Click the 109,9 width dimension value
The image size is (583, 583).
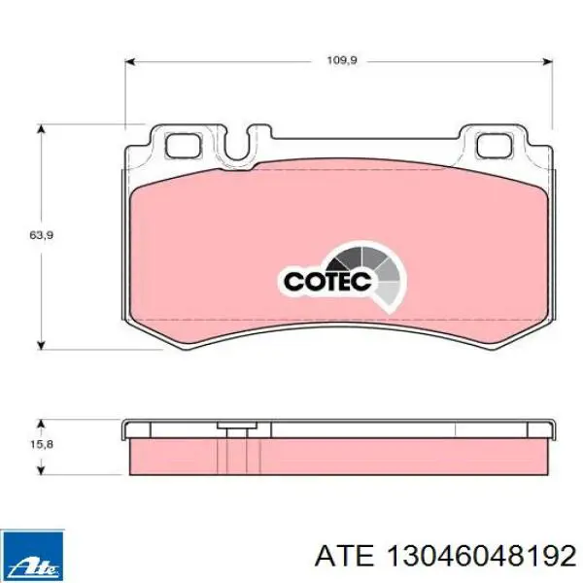[x=342, y=60]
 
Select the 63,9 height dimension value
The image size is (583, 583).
[x=41, y=235]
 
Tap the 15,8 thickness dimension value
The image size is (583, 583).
[x=41, y=444]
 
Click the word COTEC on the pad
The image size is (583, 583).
[x=327, y=281]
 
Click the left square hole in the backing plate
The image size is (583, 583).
[x=184, y=146]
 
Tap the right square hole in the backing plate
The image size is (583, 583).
[x=495, y=146]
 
